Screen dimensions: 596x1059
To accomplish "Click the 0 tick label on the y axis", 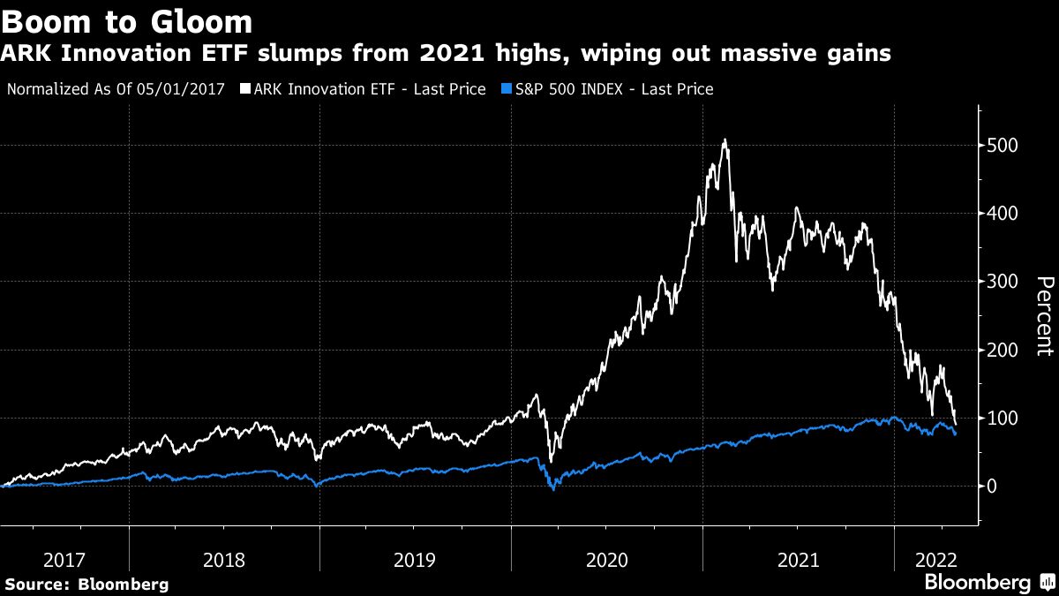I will point(995,487).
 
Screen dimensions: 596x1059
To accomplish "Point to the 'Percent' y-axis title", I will point(1044,316).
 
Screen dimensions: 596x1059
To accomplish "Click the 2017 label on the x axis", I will point(64,560).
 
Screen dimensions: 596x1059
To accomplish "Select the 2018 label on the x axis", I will point(224,560).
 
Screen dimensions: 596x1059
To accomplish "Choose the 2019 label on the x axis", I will point(415,560).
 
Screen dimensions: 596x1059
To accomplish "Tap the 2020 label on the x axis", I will point(606,560).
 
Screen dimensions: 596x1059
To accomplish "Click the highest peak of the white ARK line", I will point(725,140).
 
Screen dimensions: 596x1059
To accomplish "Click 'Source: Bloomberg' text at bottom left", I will point(86,584).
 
